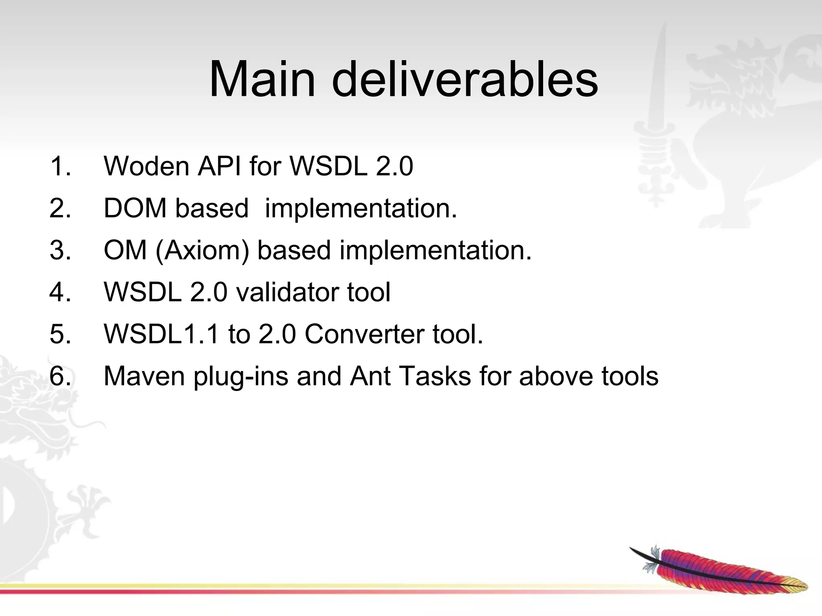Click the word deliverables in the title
point(465,79)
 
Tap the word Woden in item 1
point(146,166)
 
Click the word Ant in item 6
point(370,376)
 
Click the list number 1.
point(60,166)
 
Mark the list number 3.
point(60,251)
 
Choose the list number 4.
point(60,292)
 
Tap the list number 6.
point(60,376)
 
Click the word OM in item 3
point(125,251)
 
